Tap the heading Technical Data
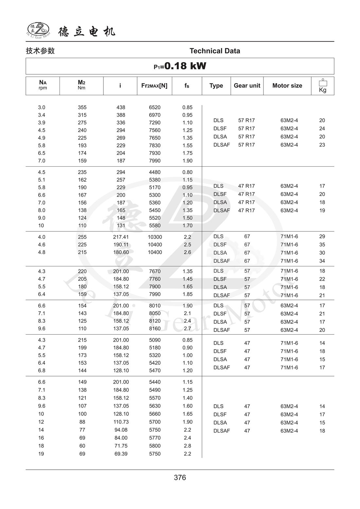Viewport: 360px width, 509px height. [x=215, y=51]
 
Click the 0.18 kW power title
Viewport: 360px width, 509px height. [x=180, y=66]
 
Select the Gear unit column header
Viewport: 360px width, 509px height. [x=247, y=86]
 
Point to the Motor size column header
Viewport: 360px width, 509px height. [x=287, y=86]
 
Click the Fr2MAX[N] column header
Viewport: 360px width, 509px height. [x=154, y=86]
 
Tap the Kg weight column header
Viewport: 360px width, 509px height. [x=322, y=86]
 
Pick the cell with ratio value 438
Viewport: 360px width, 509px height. [x=121, y=107]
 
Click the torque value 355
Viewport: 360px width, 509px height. [x=82, y=107]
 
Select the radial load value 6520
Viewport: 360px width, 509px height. [x=155, y=107]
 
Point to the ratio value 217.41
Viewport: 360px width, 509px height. [x=121, y=237]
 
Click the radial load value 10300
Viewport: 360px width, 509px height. [x=155, y=237]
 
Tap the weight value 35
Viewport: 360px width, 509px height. [x=322, y=245]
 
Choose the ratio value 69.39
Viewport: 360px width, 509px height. [x=121, y=454]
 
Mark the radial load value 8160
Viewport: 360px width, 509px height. [x=155, y=329]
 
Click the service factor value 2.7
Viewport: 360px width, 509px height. [x=187, y=329]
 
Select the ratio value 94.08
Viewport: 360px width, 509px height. [x=121, y=430]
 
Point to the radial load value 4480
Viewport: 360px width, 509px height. [x=155, y=172]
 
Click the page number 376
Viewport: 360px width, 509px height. [x=180, y=478]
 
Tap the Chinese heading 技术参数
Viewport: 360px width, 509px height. [x=40, y=51]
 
